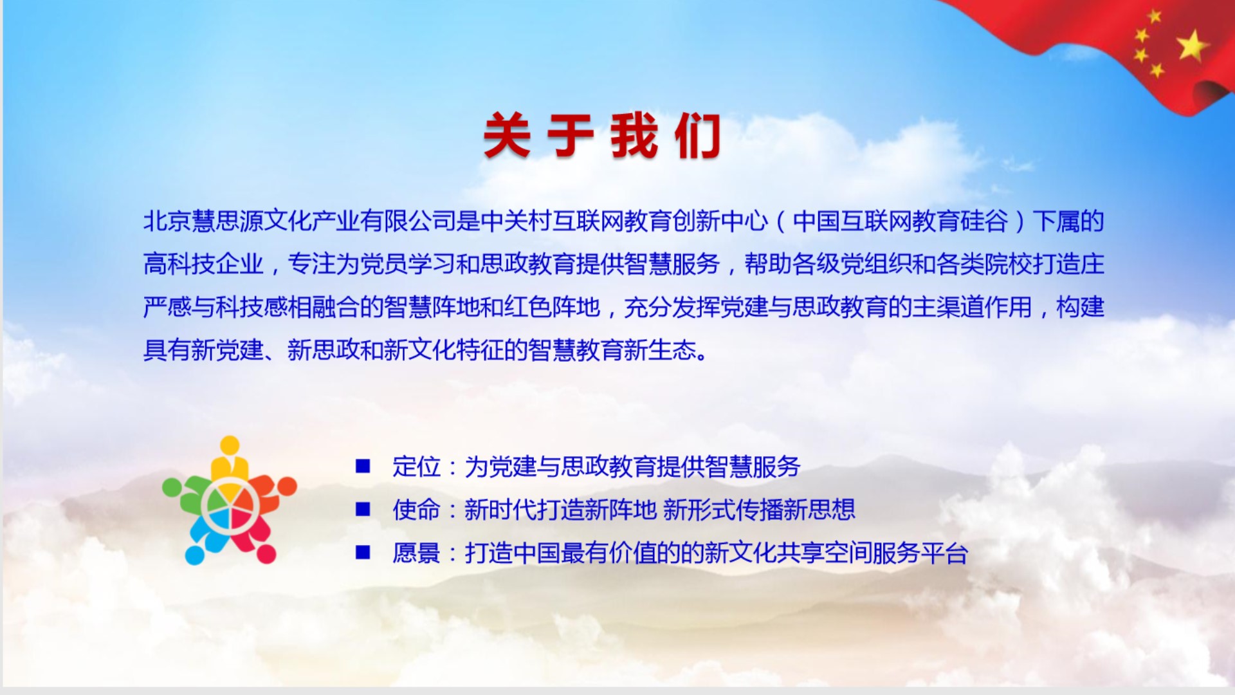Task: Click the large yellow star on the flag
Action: click(x=1193, y=46)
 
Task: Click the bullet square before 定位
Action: click(x=363, y=466)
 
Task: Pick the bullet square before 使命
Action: click(x=363, y=509)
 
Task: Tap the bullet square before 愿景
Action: click(x=363, y=552)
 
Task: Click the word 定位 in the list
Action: click(x=417, y=467)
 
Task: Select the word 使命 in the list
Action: click(x=417, y=510)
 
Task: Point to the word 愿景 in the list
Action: click(x=417, y=553)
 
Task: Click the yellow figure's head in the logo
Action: click(x=230, y=445)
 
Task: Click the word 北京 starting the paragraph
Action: click(x=167, y=221)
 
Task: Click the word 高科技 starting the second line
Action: click(x=179, y=264)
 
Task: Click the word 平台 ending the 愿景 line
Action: click(x=944, y=553)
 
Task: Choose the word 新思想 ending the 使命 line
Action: click(x=819, y=510)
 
